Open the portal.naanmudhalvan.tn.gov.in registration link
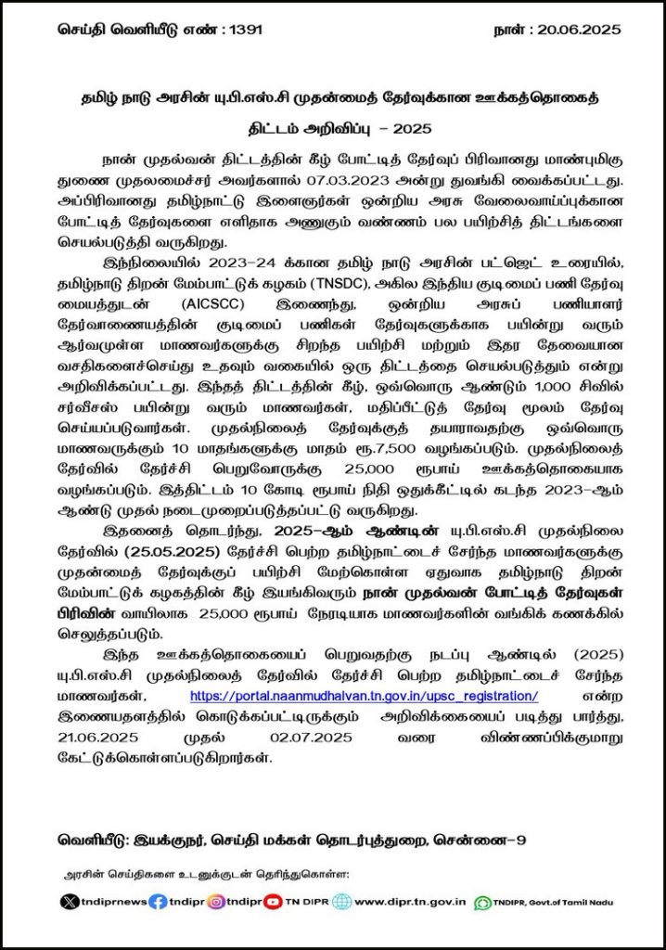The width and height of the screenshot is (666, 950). (x=364, y=696)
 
